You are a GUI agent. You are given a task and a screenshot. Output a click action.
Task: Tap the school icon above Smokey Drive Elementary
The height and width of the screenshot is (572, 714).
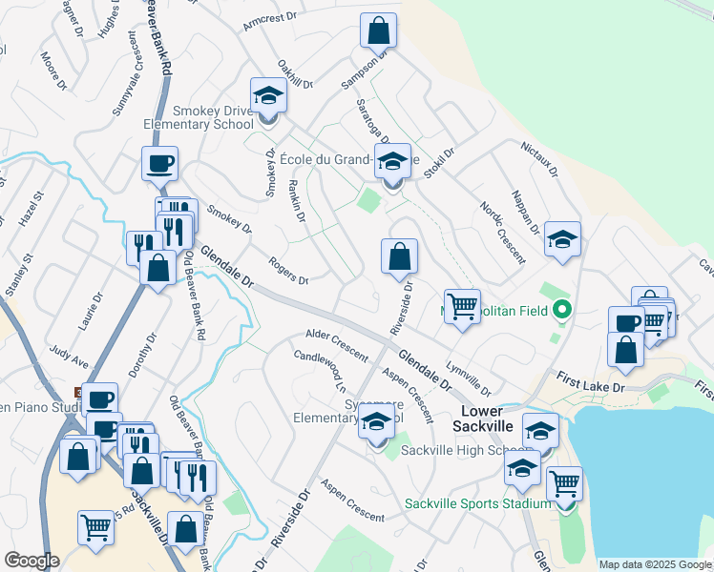click(268, 96)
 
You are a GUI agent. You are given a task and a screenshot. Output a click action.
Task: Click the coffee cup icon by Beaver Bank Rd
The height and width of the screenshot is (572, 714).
click(159, 163)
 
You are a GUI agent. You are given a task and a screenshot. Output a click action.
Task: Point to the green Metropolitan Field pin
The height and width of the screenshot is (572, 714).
click(563, 309)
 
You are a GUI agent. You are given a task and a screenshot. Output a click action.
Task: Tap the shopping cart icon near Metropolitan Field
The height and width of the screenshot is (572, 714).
click(462, 307)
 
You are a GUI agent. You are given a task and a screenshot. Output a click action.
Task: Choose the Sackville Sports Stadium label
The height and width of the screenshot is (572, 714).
click(477, 503)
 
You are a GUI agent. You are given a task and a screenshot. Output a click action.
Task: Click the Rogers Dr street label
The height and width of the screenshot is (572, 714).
click(288, 272)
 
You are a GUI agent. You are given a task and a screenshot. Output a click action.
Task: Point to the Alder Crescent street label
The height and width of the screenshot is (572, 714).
click(336, 345)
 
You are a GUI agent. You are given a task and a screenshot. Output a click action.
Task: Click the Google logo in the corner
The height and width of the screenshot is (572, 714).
click(31, 561)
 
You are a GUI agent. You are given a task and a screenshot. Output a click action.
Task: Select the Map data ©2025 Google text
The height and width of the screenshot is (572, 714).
click(654, 563)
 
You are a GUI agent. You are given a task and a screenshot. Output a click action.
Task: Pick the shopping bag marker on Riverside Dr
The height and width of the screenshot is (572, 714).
click(399, 255)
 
